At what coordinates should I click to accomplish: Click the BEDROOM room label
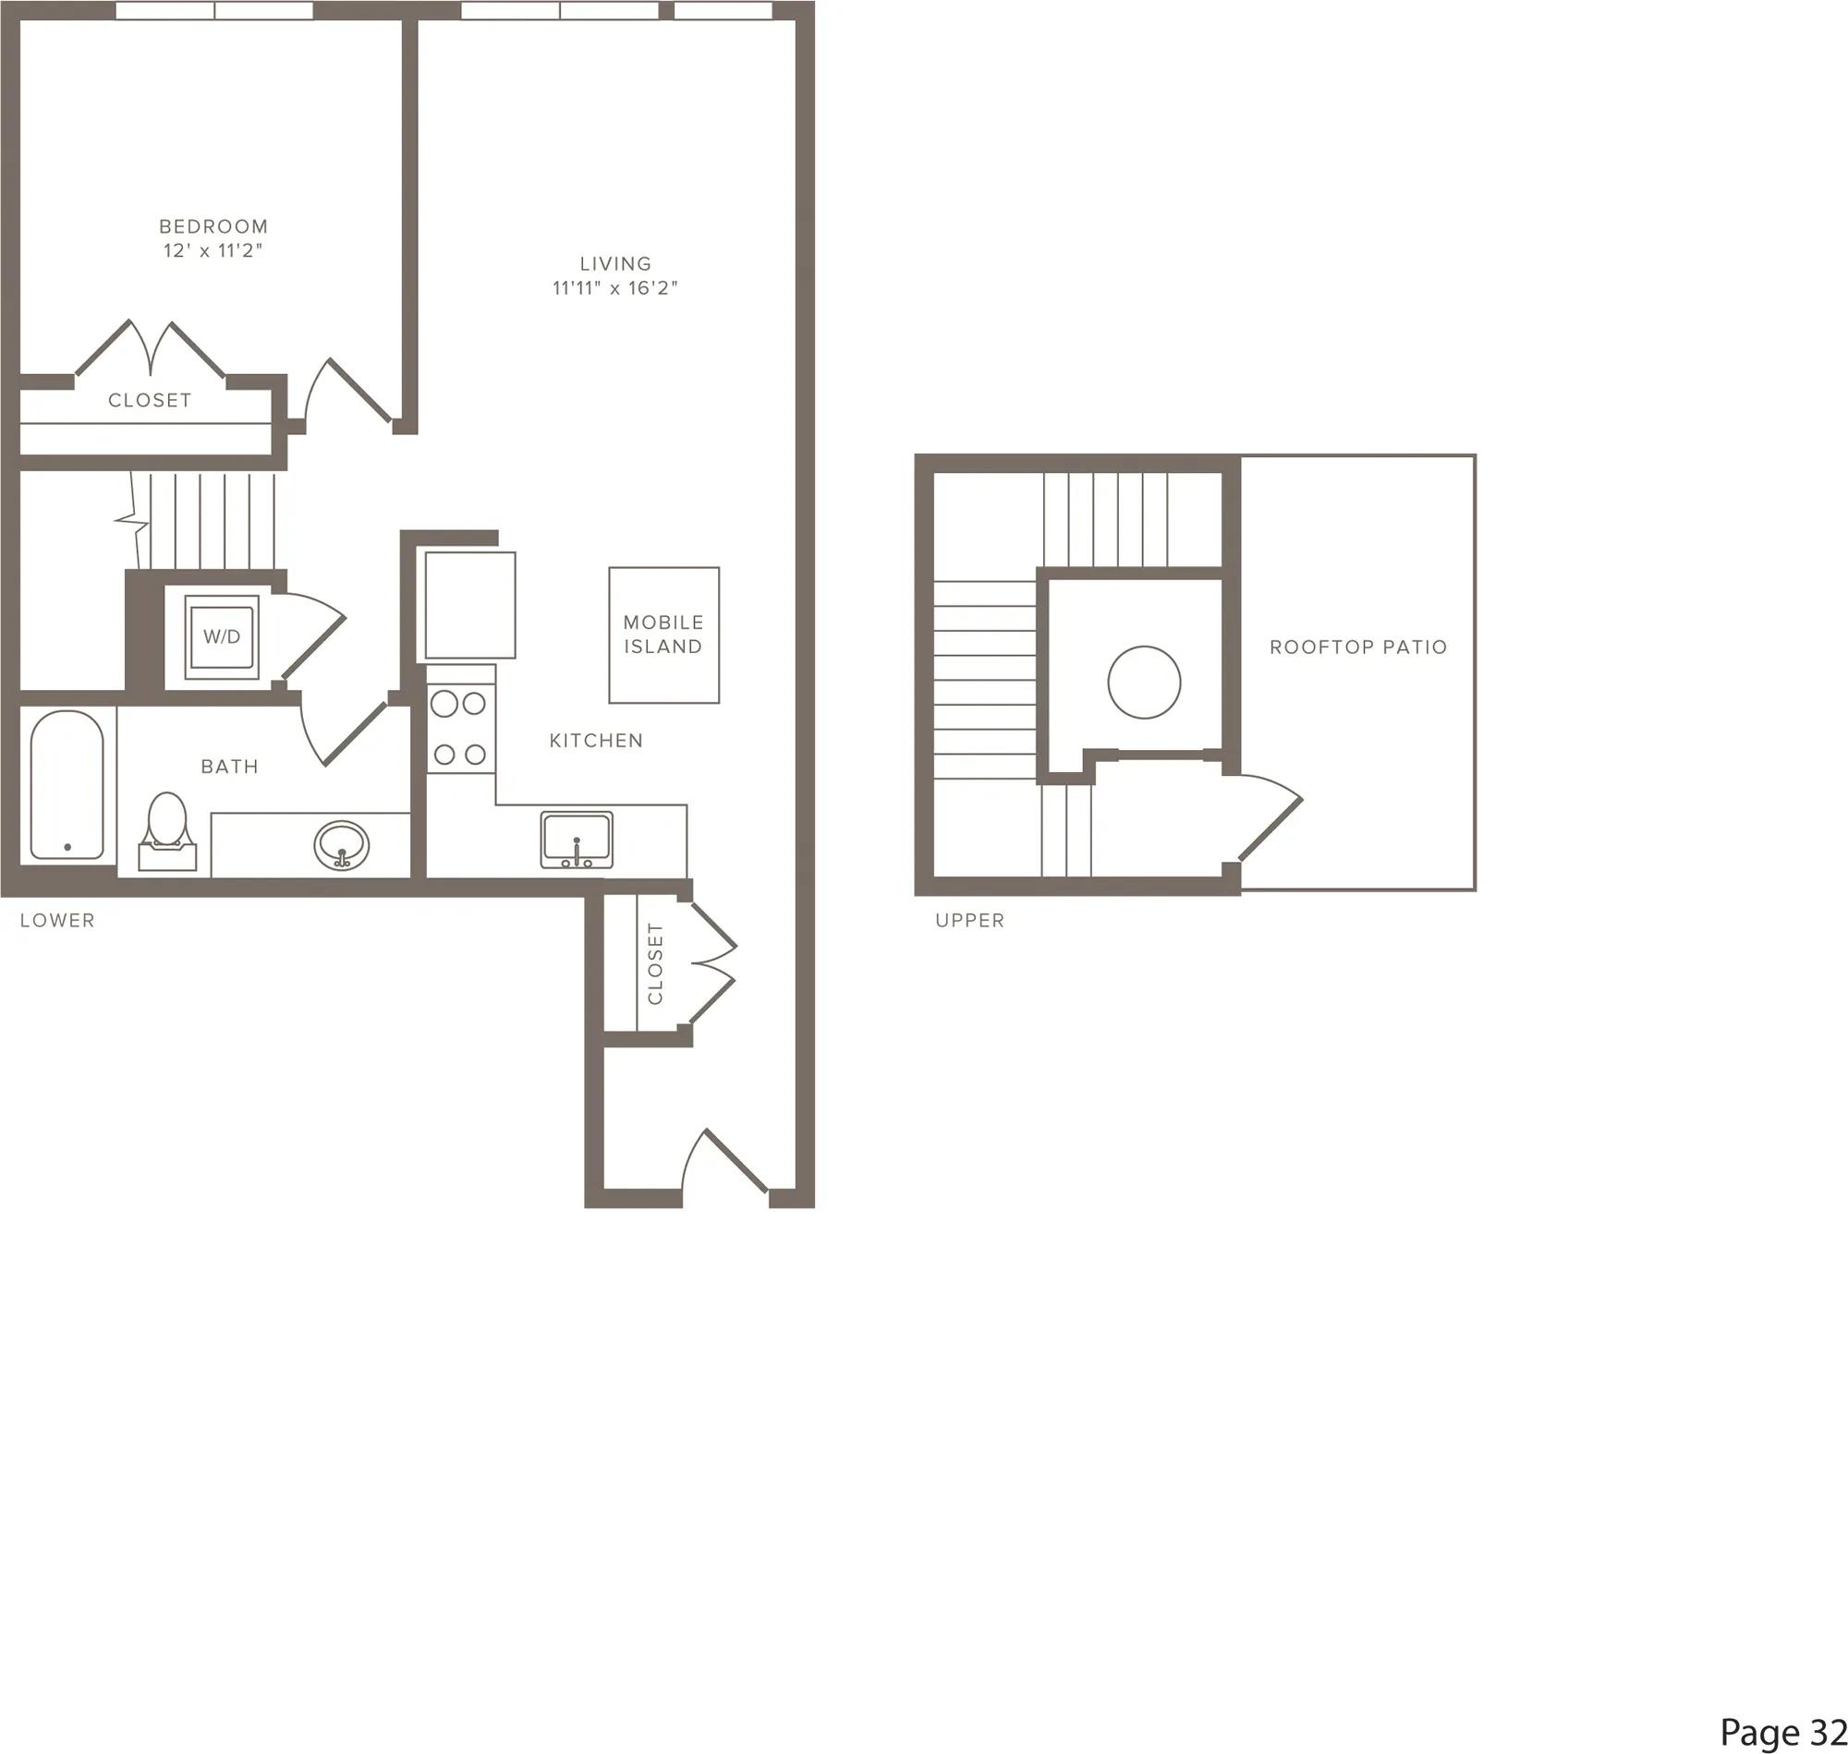pos(213,226)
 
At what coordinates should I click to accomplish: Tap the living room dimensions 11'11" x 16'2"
pos(614,288)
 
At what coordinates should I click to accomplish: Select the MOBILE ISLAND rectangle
pos(664,635)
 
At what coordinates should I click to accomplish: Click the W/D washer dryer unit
pos(222,636)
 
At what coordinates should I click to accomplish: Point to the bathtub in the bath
pos(67,785)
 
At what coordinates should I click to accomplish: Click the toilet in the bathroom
pos(167,831)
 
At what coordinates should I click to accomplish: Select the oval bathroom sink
pos(340,845)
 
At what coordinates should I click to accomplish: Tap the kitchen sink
pos(576,840)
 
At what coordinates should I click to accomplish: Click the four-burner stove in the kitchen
pos(461,728)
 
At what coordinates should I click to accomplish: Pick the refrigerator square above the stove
pos(470,605)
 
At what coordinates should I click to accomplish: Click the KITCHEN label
pos(596,741)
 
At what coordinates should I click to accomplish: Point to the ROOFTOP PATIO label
pos(1358,647)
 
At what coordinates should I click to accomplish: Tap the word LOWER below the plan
pos(57,920)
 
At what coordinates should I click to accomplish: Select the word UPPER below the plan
pos(970,920)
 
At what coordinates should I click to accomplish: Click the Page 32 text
pos(1782,1732)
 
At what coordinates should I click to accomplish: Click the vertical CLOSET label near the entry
pos(655,964)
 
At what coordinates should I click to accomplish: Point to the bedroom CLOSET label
pos(150,400)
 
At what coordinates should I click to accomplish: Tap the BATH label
pos(229,767)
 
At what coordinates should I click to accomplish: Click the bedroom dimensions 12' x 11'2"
pos(213,250)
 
